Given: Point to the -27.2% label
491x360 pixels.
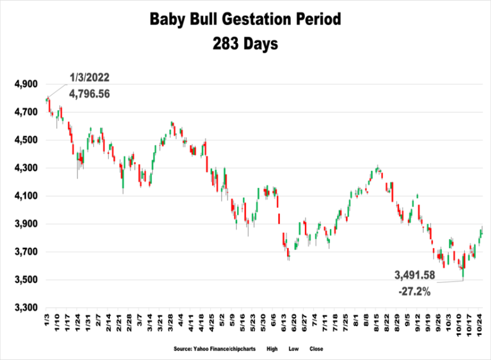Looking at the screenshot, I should [414, 291].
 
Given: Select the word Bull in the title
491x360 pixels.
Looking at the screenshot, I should [197, 20].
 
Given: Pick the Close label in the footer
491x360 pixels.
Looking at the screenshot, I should [315, 349].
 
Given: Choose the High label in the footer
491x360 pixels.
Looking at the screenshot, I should [272, 349].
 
